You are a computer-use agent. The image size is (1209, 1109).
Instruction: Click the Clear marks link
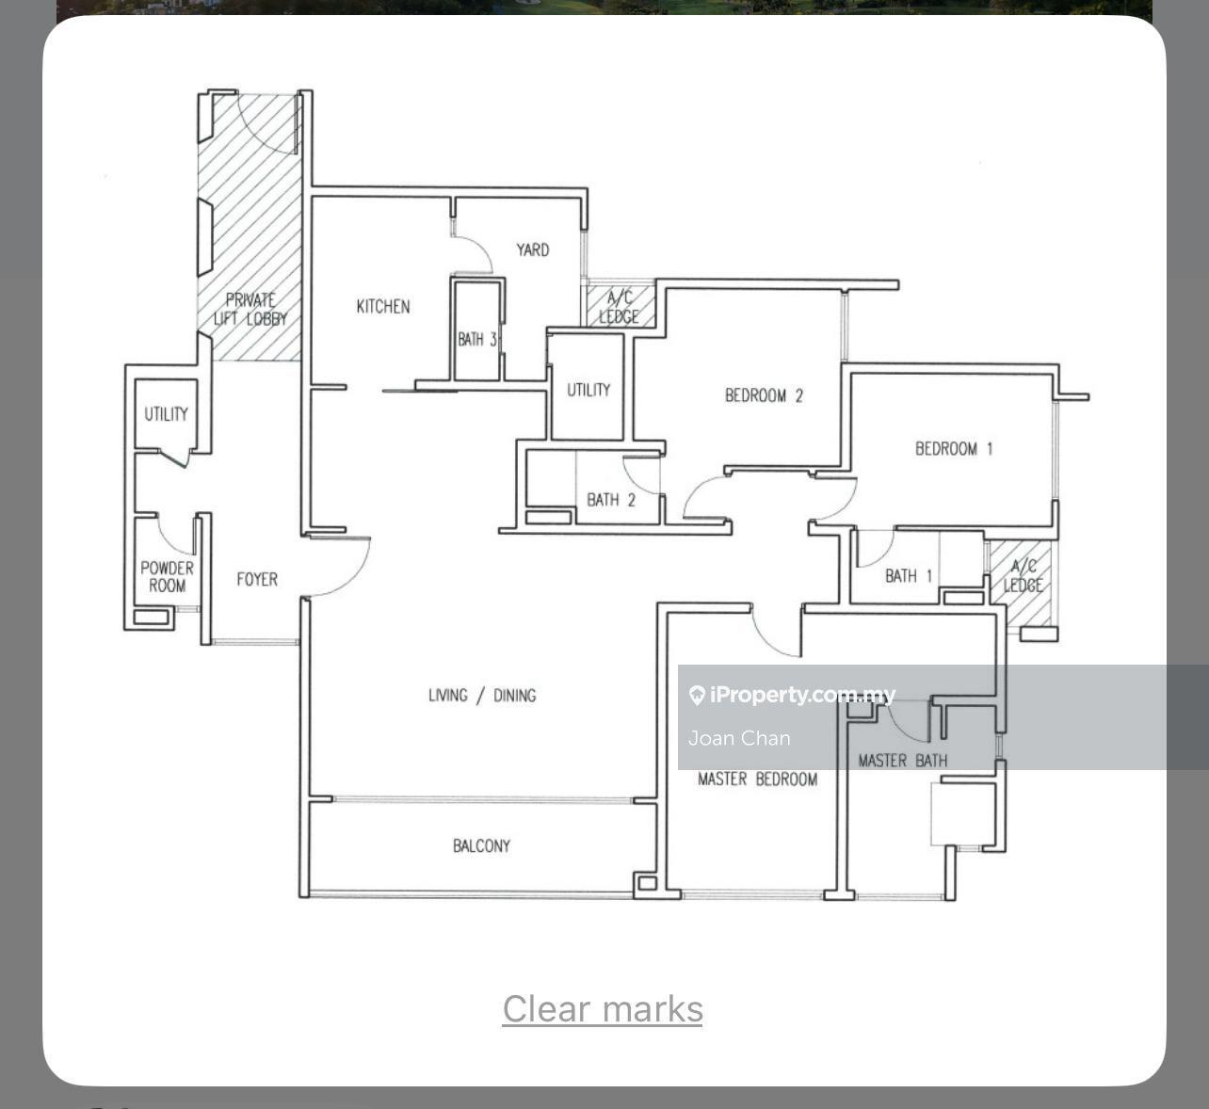pos(603,1009)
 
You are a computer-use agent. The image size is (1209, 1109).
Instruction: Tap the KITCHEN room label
pos(383,307)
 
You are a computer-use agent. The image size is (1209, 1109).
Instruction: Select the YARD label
pos(533,250)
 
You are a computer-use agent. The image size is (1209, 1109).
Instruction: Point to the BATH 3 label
pos(477,340)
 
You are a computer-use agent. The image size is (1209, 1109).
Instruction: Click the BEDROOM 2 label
pos(764,395)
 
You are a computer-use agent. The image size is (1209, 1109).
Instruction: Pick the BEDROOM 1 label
pos(954,448)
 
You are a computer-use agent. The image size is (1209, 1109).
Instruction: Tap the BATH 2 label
pos(611,500)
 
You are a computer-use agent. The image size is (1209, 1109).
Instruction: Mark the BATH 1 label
pos(909,575)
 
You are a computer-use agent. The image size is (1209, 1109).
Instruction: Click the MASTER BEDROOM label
pos(758,780)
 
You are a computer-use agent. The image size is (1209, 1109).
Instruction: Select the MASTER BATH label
pos(902,761)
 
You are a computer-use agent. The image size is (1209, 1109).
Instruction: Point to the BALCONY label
pos(481,846)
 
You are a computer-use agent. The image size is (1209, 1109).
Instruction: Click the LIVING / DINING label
pos(482,696)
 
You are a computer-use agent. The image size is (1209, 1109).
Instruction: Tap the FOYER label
pos(257,579)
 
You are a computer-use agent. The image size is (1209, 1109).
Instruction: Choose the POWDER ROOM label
pos(167,577)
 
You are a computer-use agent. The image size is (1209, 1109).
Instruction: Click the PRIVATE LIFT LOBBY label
pos(250,309)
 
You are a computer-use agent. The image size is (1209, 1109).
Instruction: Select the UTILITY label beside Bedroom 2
pos(588,390)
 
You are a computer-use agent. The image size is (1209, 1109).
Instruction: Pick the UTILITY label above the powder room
pos(166,414)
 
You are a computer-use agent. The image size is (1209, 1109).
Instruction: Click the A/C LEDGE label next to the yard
pos(619,308)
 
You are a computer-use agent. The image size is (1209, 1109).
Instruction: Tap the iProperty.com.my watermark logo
pos(791,695)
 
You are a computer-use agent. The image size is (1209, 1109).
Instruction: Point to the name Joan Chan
pos(739,738)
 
